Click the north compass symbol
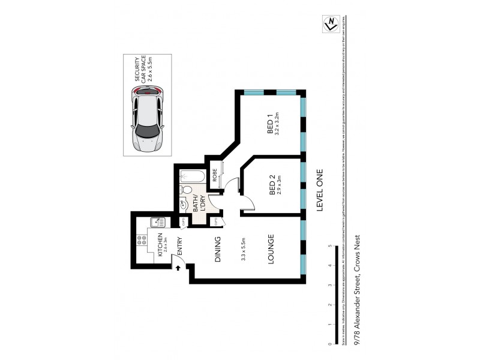click(x=329, y=23)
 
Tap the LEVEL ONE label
click(x=320, y=188)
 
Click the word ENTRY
click(x=179, y=246)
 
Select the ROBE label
click(x=214, y=176)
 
